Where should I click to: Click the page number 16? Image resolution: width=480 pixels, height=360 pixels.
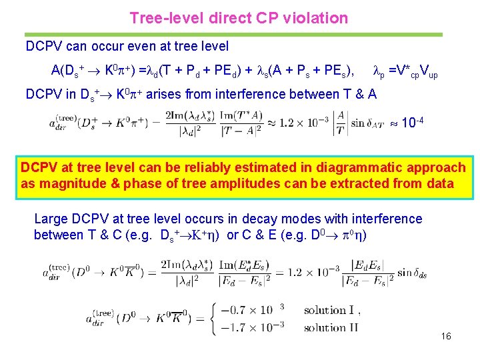pyautogui.click(x=446, y=336)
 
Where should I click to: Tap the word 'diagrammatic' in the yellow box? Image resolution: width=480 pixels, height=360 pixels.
pyautogui.click(x=347, y=167)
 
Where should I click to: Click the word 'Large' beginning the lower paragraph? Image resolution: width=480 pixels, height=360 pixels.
pyautogui.click(x=50, y=219)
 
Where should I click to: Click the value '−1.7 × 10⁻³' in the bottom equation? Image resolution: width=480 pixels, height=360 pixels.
pyautogui.click(x=257, y=327)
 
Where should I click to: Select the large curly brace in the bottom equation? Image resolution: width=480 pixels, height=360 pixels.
pyautogui.click(x=214, y=318)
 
